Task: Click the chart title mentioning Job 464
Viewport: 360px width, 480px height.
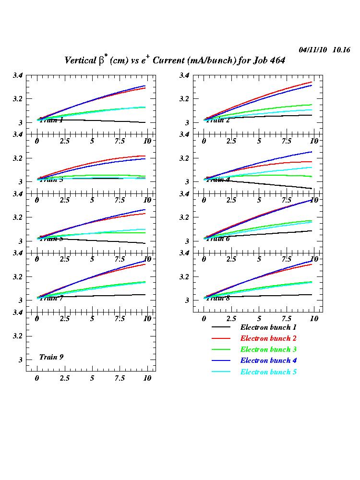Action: [x=175, y=60]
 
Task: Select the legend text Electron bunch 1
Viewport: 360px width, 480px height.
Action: [x=269, y=327]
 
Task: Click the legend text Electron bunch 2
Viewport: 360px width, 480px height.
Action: [x=269, y=338]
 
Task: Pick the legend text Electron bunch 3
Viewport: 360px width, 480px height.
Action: [x=269, y=349]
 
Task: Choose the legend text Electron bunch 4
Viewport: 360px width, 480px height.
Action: [x=269, y=360]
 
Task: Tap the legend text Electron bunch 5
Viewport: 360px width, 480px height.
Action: [x=269, y=372]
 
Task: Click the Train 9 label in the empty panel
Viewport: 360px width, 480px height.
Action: [x=51, y=357]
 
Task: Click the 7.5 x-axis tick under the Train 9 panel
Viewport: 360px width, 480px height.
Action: [x=120, y=378]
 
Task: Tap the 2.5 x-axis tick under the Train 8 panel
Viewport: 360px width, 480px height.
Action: [x=231, y=318]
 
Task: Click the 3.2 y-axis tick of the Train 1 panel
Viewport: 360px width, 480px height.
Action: [x=18, y=99]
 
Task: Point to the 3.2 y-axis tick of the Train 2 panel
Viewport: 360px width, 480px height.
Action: [x=185, y=99]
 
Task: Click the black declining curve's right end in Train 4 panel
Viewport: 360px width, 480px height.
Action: [x=312, y=188]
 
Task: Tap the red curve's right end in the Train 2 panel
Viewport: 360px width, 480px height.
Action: [x=312, y=82]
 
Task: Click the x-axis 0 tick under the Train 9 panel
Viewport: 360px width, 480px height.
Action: [x=37, y=378]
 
